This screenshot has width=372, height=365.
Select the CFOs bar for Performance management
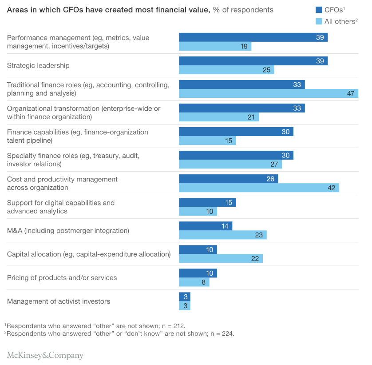[x=253, y=37]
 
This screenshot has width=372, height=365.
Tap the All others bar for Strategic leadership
[x=226, y=70]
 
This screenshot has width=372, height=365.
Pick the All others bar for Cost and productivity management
[x=259, y=188]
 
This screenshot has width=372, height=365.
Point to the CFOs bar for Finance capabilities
[x=236, y=132]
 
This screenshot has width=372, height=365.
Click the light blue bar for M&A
[x=222, y=235]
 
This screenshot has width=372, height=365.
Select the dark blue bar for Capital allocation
[x=198, y=249]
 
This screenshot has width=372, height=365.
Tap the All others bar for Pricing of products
[x=194, y=282]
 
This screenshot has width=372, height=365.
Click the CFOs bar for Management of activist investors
[x=184, y=297]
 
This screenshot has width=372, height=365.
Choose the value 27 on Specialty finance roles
[x=274, y=164]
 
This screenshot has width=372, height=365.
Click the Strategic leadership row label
[x=38, y=65]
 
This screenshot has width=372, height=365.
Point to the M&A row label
[x=68, y=230]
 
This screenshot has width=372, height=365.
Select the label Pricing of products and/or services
[x=62, y=277]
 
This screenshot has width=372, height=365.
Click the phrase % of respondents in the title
[x=243, y=10]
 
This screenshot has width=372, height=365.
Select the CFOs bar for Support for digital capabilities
[x=207, y=202]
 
